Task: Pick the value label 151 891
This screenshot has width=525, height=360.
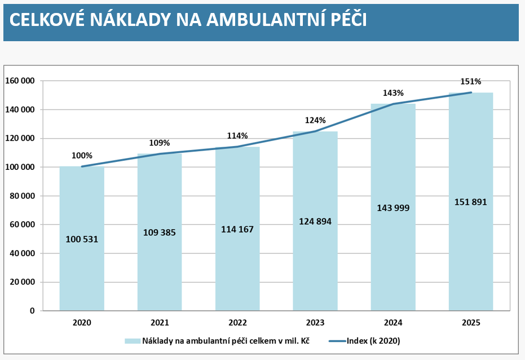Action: (x=470, y=202)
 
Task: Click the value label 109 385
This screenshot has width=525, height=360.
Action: (x=160, y=232)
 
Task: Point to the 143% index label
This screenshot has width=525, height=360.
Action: (x=393, y=93)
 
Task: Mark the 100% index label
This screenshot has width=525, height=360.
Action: (x=82, y=156)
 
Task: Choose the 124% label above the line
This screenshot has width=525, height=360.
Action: (x=315, y=120)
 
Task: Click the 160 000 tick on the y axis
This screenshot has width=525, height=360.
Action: (x=20, y=81)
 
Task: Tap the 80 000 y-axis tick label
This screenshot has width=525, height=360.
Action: (x=22, y=196)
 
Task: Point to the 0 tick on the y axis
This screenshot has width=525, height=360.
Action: (x=32, y=311)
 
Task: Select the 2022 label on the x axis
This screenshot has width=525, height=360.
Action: (x=237, y=323)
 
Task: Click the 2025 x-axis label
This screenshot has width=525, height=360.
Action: (x=471, y=323)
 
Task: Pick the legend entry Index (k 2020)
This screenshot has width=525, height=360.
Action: (x=373, y=341)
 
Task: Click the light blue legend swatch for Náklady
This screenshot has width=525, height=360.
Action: (x=132, y=341)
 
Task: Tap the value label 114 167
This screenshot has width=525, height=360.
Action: (x=237, y=229)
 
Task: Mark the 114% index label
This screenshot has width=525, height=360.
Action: (x=237, y=136)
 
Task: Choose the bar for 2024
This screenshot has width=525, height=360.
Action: (x=393, y=254)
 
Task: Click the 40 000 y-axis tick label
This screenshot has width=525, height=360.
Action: (x=22, y=253)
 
